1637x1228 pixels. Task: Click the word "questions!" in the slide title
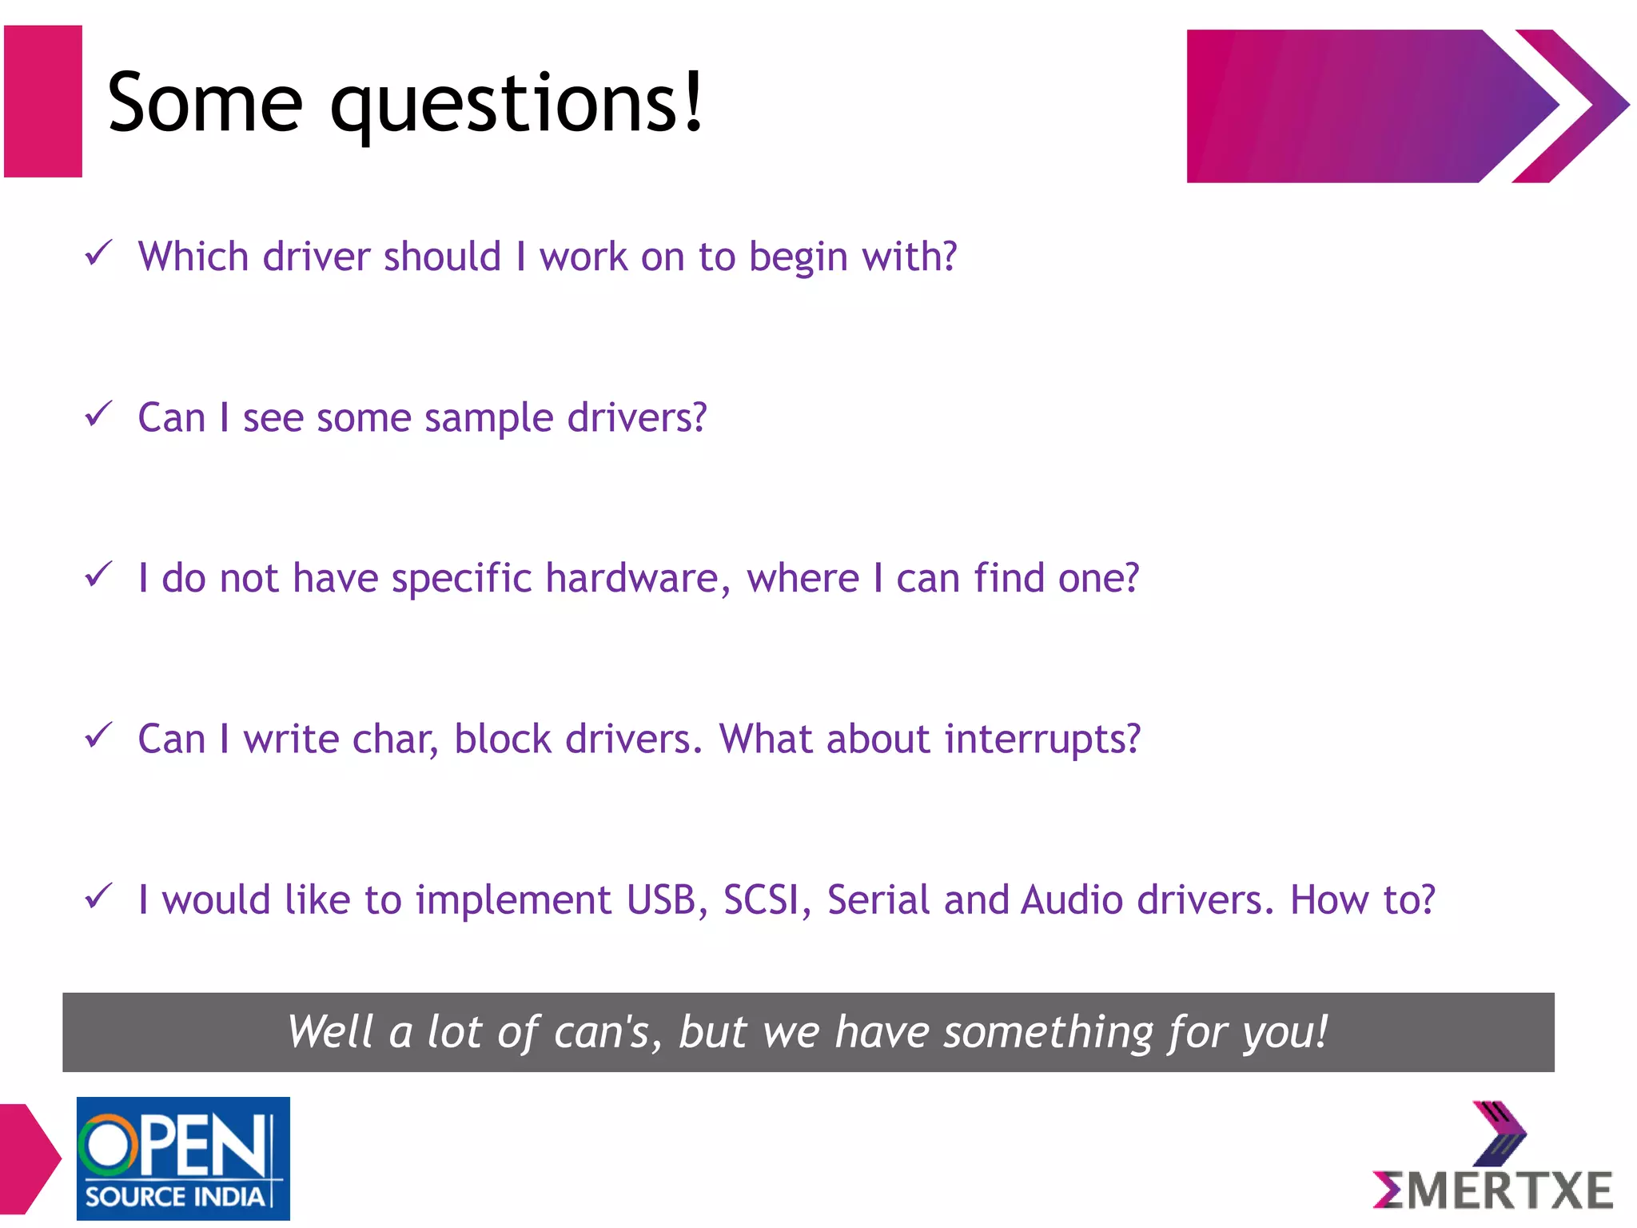coord(517,105)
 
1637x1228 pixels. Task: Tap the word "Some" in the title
coord(205,103)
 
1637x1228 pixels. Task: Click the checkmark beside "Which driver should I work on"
coord(98,253)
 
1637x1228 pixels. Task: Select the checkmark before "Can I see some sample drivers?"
coord(98,414)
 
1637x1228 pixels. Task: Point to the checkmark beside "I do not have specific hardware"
coord(98,575)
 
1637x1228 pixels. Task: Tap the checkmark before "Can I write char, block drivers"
coord(98,736)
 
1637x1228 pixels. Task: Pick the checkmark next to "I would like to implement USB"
coord(98,896)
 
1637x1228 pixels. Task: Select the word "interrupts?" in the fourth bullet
coord(1042,740)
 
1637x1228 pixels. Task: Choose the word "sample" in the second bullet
coord(488,418)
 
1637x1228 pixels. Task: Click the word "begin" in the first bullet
coord(798,257)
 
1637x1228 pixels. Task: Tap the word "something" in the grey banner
coord(1047,1032)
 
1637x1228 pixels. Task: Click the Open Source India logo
coord(183,1158)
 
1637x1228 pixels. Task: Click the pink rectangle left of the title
coord(43,102)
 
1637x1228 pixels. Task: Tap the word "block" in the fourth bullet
coord(503,740)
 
